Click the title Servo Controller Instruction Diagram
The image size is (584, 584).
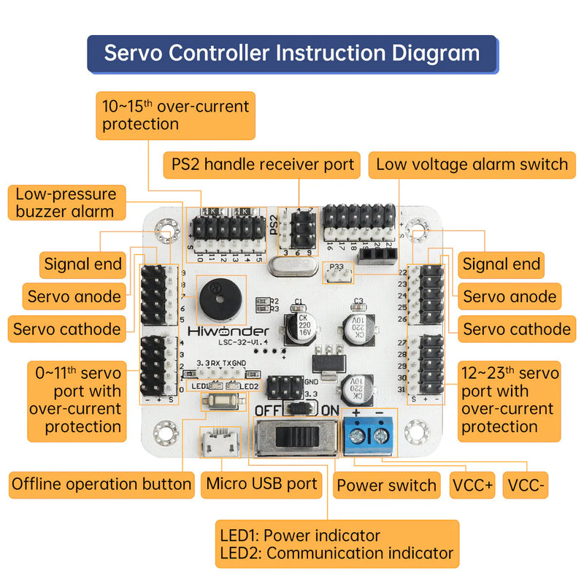coord(292,53)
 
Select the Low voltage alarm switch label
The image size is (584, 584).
coord(472,164)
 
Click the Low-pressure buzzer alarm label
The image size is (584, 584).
coord(66,203)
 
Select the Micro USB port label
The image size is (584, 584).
coord(261,483)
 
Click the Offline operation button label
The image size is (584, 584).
coord(101,483)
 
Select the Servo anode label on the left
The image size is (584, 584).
coord(73,296)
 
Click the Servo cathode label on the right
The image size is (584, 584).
coord(516,329)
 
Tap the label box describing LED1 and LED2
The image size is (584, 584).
coord(337,544)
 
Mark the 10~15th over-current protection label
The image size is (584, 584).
coord(175,115)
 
